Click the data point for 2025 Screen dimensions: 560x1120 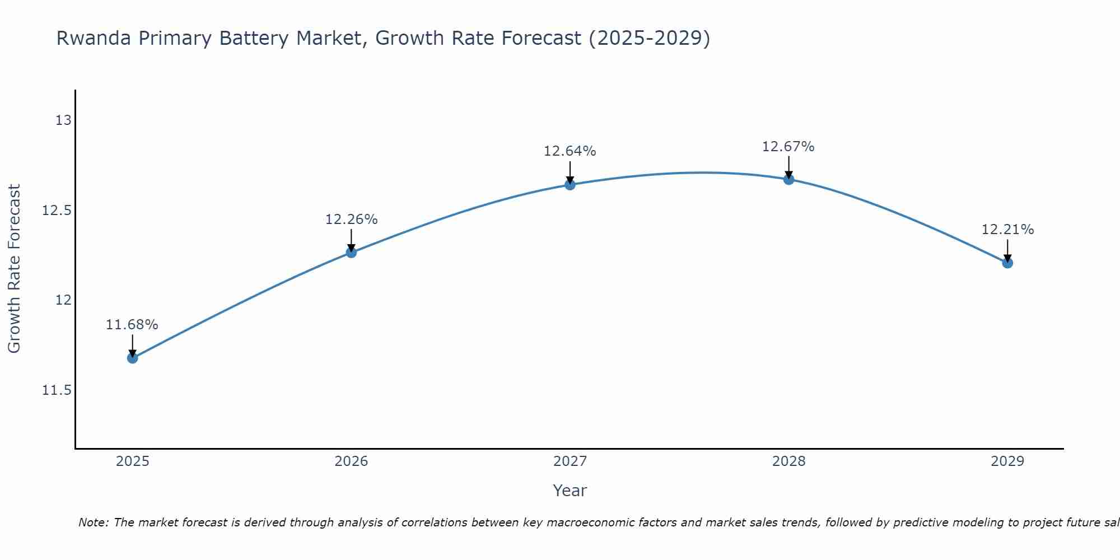coord(133,358)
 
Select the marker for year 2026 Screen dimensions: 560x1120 coord(351,253)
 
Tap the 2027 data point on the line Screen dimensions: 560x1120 coord(570,185)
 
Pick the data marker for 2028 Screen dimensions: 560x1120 coord(788,180)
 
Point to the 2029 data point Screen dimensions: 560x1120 coord(1007,263)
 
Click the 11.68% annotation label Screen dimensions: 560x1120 coord(132,325)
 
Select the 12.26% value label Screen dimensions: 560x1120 coord(351,220)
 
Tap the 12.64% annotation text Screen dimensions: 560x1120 coord(570,151)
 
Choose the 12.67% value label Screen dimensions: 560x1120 coord(788,147)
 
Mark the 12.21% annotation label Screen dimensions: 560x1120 coord(1007,230)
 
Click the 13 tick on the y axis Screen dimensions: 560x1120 coord(63,120)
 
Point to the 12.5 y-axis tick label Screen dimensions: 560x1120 coord(57,211)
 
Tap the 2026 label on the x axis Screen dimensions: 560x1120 coord(351,461)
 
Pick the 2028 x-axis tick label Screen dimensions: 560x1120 coord(788,461)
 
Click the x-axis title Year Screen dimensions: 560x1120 coord(570,491)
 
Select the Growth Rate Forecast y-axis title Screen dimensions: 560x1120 coord(14,269)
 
